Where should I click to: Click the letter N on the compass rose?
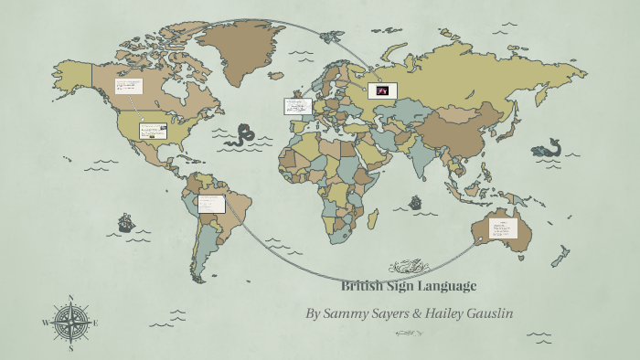70,299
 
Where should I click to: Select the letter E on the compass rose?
95,323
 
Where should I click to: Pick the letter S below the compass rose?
70,348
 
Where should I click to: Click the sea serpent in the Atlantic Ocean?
243,135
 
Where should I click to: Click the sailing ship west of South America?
125,222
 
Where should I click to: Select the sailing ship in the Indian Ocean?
416,201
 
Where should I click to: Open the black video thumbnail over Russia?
381,90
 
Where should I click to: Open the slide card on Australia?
504,228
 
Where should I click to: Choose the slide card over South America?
211,204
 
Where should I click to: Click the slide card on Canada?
129,87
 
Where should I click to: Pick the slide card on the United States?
152,132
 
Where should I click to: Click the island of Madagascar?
373,219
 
